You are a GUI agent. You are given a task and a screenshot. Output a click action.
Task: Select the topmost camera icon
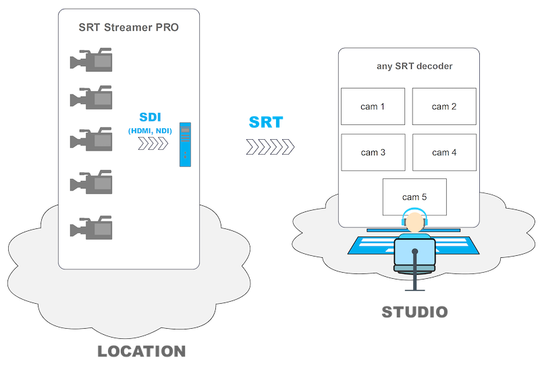click(x=90, y=59)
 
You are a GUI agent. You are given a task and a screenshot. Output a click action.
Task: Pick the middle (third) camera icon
click(x=90, y=139)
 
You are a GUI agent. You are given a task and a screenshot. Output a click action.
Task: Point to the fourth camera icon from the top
click(x=90, y=182)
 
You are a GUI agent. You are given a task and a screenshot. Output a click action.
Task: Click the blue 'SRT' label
click(x=266, y=122)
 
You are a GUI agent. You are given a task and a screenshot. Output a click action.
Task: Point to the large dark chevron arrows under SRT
click(x=270, y=147)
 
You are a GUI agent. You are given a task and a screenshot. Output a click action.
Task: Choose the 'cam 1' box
click(x=373, y=107)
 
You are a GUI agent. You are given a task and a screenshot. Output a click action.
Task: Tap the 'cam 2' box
click(x=444, y=107)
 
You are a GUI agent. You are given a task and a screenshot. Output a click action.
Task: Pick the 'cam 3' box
click(x=373, y=153)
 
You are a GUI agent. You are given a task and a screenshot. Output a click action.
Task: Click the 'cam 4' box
click(x=444, y=153)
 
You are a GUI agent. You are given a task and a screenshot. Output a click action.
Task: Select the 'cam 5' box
click(x=414, y=197)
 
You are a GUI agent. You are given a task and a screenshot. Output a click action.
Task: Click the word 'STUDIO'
click(x=414, y=313)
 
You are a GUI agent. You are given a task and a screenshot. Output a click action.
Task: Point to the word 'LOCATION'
click(x=142, y=351)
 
